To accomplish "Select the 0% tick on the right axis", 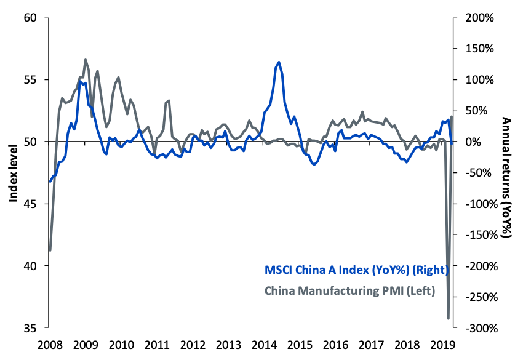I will [476, 142].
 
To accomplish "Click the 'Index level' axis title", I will [13, 173].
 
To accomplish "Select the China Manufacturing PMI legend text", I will [349, 290].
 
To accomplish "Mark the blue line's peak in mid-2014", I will [279, 62].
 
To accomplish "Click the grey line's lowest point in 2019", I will [448, 318].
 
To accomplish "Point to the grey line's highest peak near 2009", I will [85, 60].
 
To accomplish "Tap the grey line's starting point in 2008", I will [50, 250].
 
